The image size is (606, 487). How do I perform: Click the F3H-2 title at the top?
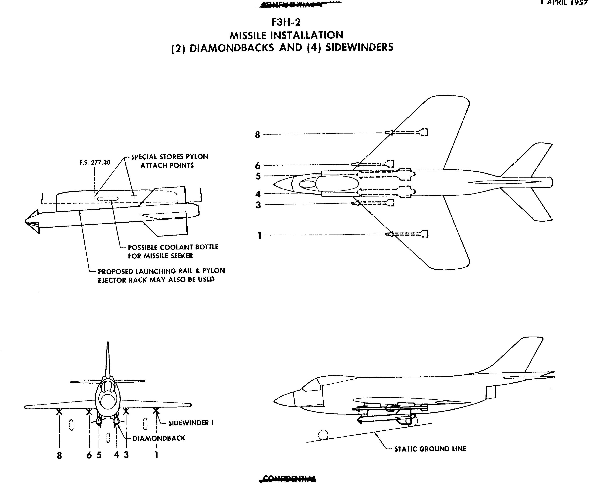pos(286,22)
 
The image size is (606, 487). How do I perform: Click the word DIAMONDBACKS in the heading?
pos(232,48)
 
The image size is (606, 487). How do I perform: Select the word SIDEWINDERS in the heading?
pos(359,47)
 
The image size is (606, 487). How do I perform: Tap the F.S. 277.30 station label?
pos(95,163)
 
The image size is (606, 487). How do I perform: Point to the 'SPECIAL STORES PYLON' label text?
pos(169,157)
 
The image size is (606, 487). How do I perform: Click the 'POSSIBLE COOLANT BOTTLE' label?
pos(173,247)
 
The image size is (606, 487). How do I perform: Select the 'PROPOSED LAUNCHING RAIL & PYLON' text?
pos(161,271)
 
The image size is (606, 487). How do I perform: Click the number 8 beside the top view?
pos(257,135)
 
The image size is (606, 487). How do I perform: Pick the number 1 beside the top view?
pos(259,236)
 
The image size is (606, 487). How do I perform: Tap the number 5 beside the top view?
pos(258,176)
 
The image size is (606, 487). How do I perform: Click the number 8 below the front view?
pos(59,456)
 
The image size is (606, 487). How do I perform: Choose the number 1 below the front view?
pos(156,455)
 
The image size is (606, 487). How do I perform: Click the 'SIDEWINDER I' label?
pos(191,423)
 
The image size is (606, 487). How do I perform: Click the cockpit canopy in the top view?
pos(336,184)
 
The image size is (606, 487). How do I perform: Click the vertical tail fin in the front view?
pos(108,360)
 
